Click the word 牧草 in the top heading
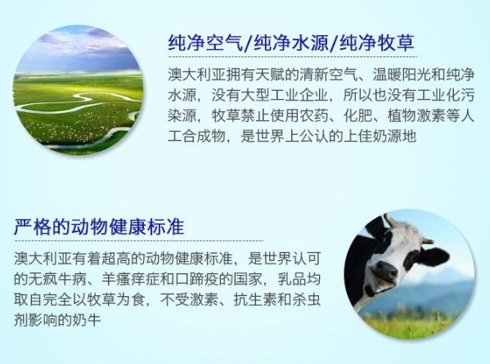396,43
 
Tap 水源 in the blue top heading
310,43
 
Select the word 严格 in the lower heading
33,227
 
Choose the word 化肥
358,115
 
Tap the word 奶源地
395,136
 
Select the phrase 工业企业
299,96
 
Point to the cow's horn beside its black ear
426,240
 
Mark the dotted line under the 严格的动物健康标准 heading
138,241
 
